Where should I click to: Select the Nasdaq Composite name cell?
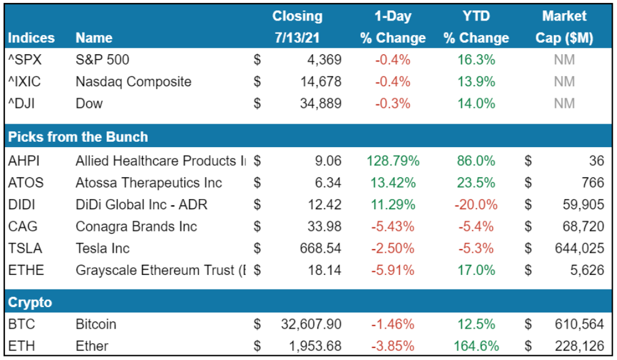pos(133,81)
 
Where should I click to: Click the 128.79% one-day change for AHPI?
pos(392,161)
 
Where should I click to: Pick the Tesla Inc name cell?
pos(102,248)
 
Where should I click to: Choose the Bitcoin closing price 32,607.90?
pos(311,324)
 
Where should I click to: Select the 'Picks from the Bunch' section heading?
pos(78,137)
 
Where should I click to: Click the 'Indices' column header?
pos(31,38)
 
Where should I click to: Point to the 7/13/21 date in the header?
pos(297,38)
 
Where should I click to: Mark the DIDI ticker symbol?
pos(22,204)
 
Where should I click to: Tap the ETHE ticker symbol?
pos(26,270)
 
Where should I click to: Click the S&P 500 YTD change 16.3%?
pos(477,60)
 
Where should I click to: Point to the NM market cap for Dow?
pos(564,103)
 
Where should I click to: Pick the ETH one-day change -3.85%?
pos(393,346)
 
